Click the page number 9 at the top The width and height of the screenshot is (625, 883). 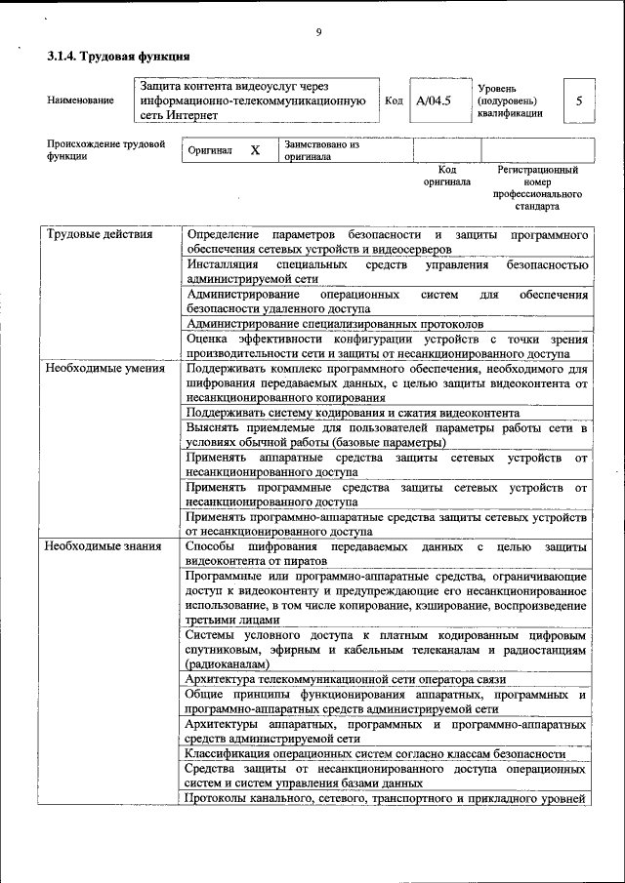(x=318, y=32)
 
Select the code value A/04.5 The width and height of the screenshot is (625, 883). (x=433, y=100)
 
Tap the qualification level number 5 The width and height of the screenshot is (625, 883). (x=580, y=100)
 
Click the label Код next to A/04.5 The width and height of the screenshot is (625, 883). (x=394, y=100)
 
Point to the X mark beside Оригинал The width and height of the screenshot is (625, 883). (x=255, y=150)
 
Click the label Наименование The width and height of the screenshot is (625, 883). (x=80, y=100)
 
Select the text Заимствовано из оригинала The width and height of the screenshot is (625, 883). (x=321, y=150)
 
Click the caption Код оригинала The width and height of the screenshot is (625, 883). (x=446, y=176)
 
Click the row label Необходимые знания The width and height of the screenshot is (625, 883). (x=101, y=546)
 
